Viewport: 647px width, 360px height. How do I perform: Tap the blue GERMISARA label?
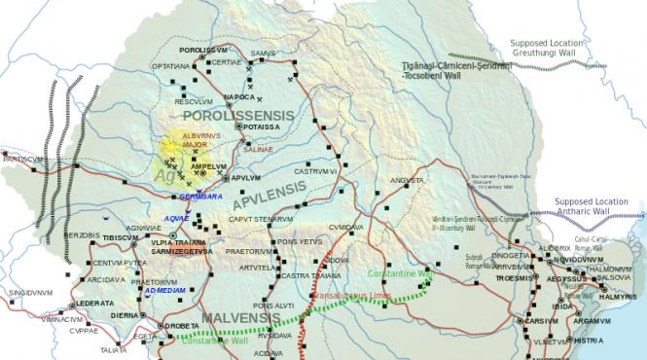point(201,196)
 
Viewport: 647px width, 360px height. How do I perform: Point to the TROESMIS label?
point(513,278)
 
